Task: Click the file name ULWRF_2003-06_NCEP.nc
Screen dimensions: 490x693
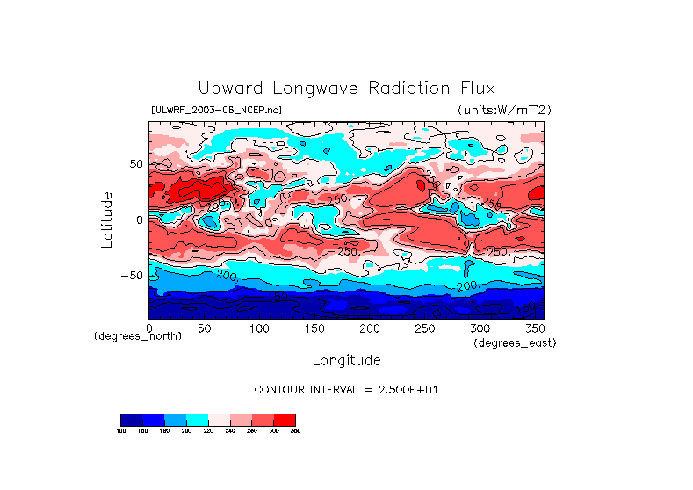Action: (216, 110)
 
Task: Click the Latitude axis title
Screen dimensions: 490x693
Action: (107, 220)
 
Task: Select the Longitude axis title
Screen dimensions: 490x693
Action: (346, 360)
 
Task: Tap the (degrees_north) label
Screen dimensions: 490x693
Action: (138, 335)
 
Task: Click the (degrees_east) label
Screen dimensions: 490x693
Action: (515, 342)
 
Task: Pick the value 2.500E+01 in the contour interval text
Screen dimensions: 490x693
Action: (399, 389)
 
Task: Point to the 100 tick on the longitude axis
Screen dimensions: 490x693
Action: (258, 327)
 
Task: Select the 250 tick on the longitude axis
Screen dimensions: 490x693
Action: (425, 327)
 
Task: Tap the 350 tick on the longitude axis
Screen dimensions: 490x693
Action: (535, 327)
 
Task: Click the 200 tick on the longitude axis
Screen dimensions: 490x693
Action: (369, 327)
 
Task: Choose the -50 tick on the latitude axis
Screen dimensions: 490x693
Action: (129, 275)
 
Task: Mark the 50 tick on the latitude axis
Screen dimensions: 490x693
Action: (134, 164)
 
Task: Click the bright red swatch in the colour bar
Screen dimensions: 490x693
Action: (285, 420)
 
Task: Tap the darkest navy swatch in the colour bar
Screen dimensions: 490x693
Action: (131, 420)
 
